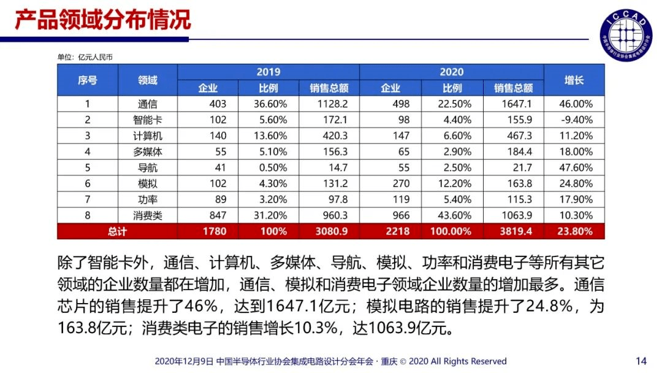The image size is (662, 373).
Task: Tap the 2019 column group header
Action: pyautogui.click(x=268, y=72)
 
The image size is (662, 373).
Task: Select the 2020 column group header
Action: pyautogui.click(x=451, y=72)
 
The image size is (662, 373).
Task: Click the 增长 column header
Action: pyautogui.click(x=574, y=80)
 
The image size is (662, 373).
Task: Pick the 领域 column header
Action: pyautogui.click(x=147, y=80)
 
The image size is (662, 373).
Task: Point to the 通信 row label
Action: pyautogui.click(x=147, y=104)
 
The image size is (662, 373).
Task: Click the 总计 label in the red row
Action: pyautogui.click(x=116, y=231)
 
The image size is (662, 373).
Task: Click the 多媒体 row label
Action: pyautogui.click(x=147, y=152)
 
